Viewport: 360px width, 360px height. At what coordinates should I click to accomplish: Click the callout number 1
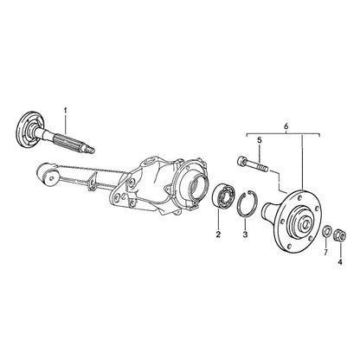(x=66, y=111)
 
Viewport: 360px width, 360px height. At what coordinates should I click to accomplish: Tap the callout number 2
(x=218, y=235)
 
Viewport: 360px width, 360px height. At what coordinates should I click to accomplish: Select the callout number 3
(x=245, y=235)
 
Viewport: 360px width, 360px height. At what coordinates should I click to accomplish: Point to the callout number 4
(x=340, y=262)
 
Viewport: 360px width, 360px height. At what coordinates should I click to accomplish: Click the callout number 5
(x=260, y=140)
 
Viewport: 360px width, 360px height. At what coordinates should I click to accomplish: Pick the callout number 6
(x=286, y=126)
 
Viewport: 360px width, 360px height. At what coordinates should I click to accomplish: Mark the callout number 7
(x=325, y=253)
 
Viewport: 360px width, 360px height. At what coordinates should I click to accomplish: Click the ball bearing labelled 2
(x=224, y=195)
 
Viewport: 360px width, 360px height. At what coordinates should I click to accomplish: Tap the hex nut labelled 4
(x=340, y=236)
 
